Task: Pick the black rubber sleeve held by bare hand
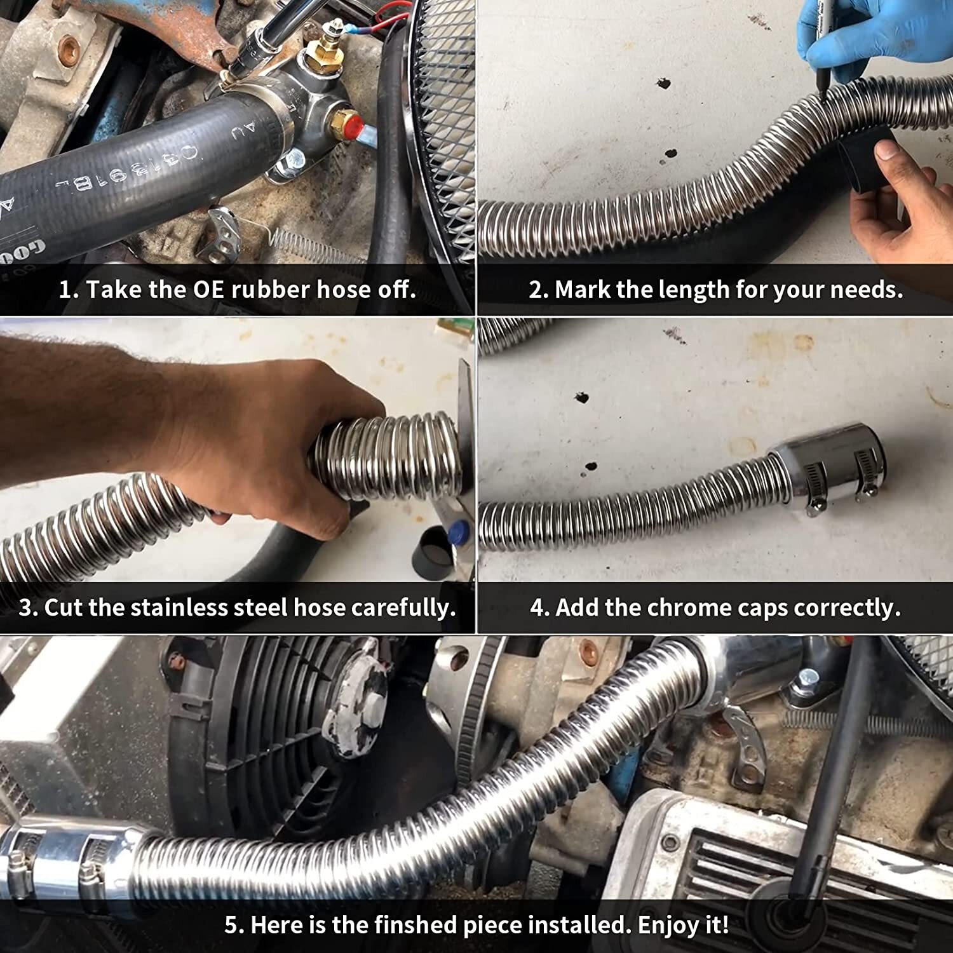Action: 864,162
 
